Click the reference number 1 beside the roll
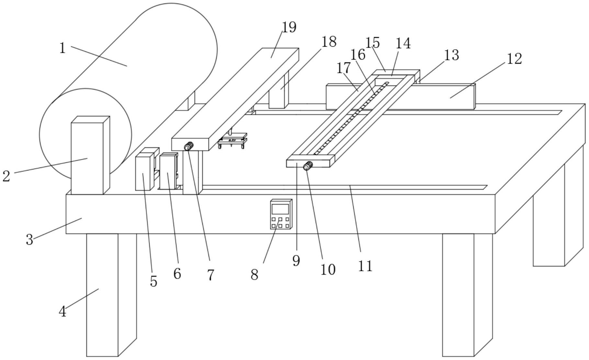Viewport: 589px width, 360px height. (62, 48)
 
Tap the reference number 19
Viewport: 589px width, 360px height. (289, 27)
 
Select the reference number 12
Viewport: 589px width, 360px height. (514, 59)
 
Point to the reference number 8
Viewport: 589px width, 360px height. (255, 275)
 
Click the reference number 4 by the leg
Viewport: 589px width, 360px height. (62, 312)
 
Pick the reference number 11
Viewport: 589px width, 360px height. (365, 266)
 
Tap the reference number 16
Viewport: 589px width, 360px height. (358, 55)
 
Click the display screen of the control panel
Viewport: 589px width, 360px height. (280, 209)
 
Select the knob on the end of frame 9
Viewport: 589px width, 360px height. (308, 166)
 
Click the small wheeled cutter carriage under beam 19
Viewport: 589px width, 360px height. (232, 140)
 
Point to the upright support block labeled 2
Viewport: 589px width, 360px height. (90, 155)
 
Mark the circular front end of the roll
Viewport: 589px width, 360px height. (85, 134)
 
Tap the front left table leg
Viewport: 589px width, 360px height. (111, 295)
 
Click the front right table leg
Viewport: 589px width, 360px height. (468, 295)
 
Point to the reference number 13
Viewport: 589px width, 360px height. (451, 55)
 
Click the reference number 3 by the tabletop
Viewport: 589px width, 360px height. (29, 240)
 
